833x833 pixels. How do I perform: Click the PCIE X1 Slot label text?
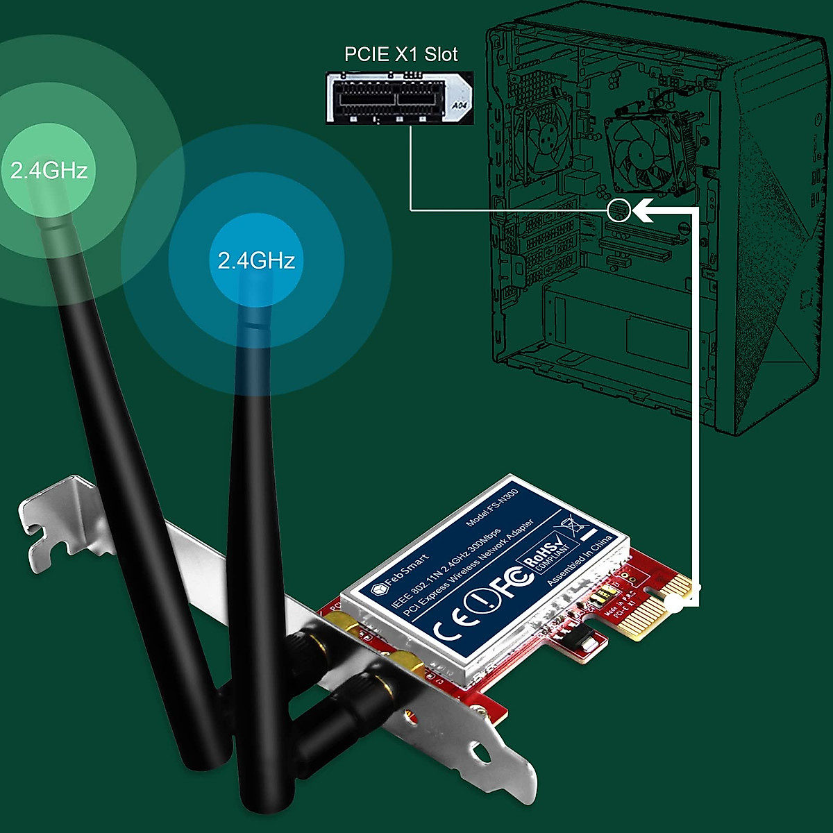pos(401,54)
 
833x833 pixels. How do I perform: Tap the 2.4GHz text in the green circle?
pos(49,170)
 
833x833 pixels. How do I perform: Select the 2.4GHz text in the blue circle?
pos(256,260)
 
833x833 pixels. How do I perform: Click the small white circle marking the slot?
pos(619,210)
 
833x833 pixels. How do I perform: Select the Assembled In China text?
pos(580,560)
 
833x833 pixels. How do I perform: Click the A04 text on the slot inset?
pos(460,106)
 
